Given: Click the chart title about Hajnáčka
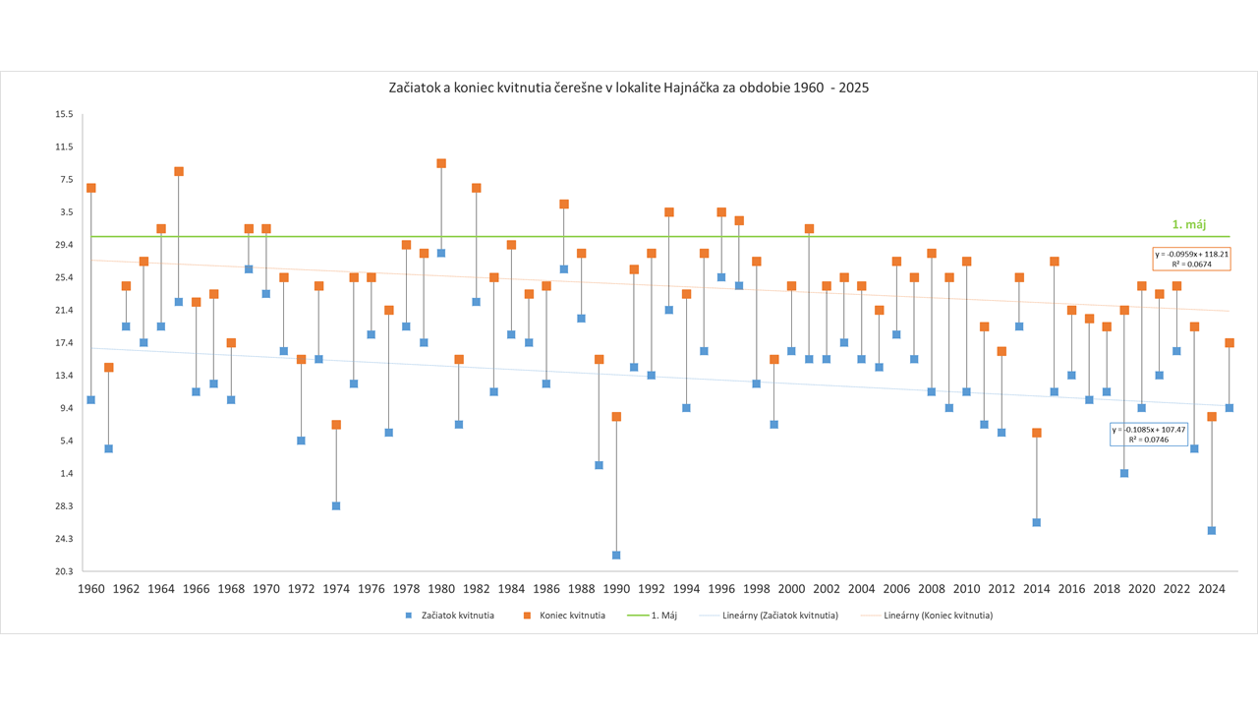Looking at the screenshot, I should pyautogui.click(x=629, y=88).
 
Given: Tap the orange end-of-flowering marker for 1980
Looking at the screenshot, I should pyautogui.click(x=441, y=163).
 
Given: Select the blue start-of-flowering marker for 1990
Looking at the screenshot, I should pyautogui.click(x=616, y=556).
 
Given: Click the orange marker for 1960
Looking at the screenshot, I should pyautogui.click(x=91, y=188).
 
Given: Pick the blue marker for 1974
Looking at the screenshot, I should pyautogui.click(x=336, y=506).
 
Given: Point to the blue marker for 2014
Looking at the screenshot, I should pyautogui.click(x=1037, y=523).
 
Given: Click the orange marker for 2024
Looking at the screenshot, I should pyautogui.click(x=1212, y=417).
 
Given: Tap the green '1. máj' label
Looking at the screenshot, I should pyautogui.click(x=1188, y=225).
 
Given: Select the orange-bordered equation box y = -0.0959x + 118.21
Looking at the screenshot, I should pyautogui.click(x=1191, y=259).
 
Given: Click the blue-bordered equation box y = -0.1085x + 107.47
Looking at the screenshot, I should pyautogui.click(x=1149, y=435).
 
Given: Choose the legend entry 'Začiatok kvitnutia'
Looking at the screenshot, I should pyautogui.click(x=453, y=616).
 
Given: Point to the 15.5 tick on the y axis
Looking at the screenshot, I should pyautogui.click(x=65, y=114).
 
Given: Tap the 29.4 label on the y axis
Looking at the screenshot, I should pyautogui.click(x=65, y=245).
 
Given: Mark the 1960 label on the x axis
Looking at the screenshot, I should pyautogui.click(x=91, y=589).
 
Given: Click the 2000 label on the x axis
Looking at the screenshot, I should pyautogui.click(x=791, y=589).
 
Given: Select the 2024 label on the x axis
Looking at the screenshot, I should pyautogui.click(x=1212, y=589).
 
